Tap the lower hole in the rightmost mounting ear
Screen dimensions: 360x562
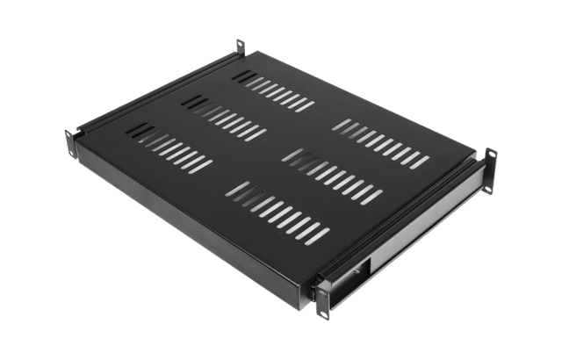492,182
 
